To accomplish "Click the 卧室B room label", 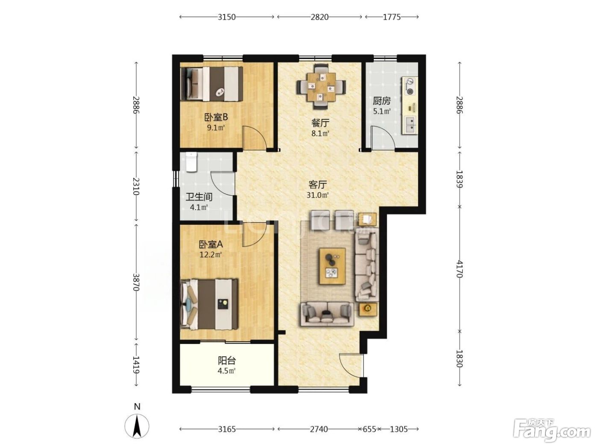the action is [216, 117].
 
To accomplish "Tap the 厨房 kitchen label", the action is [381, 101].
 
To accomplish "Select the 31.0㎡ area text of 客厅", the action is [317, 195].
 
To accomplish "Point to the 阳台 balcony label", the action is [227, 361].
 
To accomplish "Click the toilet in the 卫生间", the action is [191, 162].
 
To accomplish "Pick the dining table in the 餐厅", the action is [322, 87].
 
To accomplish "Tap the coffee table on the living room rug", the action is [332, 266].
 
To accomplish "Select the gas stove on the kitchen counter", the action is [410, 86].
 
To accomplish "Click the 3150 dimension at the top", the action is [226, 17].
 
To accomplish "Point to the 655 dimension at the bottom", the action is [369, 429].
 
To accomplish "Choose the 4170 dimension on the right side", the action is [459, 269].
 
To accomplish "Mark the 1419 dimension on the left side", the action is [136, 365].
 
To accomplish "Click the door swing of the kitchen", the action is [383, 138].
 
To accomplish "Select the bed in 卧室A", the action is [209, 304].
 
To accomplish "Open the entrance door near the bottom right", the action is [352, 365].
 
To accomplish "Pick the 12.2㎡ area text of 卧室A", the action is [210, 255].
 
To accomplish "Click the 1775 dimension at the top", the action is [392, 17].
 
